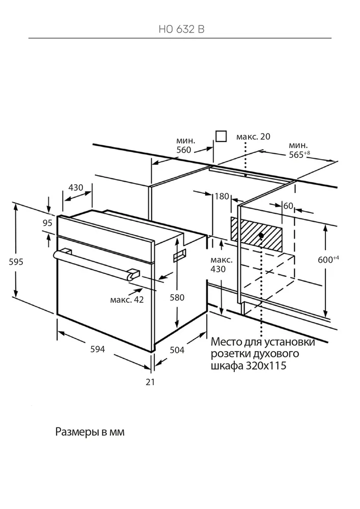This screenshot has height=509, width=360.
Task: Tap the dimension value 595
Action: (x=17, y=261)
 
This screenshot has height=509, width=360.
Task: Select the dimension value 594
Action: (x=97, y=349)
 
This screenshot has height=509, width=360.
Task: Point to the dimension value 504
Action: (x=177, y=350)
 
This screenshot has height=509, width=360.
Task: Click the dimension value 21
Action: (x=150, y=382)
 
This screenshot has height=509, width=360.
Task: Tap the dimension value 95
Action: (x=48, y=222)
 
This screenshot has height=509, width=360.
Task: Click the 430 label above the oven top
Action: (x=76, y=188)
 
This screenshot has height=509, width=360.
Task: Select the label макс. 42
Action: (x=127, y=300)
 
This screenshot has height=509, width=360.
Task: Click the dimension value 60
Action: (x=288, y=206)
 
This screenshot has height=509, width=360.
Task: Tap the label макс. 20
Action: (x=254, y=136)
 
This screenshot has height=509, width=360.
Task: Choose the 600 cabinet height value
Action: (x=325, y=259)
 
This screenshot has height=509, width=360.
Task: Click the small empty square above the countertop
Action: (x=221, y=136)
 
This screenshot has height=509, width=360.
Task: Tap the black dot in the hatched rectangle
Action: (x=261, y=235)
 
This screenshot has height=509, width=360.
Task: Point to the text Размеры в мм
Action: (x=90, y=432)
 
